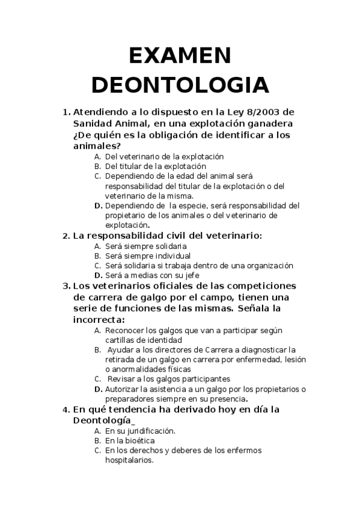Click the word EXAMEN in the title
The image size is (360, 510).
click(180, 57)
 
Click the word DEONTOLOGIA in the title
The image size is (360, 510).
click(180, 85)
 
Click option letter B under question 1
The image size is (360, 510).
click(97, 166)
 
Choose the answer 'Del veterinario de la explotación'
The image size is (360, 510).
click(163, 156)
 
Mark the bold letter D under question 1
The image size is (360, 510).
click(97, 206)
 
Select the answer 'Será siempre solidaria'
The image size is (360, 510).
click(145, 246)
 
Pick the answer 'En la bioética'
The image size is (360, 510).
click(130, 440)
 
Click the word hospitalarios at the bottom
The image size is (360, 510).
click(129, 460)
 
